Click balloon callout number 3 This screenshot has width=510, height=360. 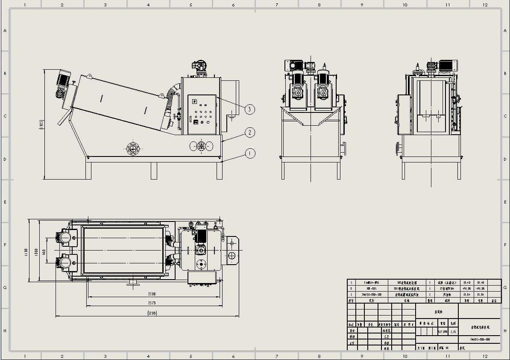click(250, 109)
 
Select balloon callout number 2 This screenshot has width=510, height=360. click(250, 132)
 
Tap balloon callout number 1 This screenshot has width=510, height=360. click(250, 153)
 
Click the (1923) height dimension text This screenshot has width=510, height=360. click(41, 124)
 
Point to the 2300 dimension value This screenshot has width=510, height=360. click(152, 294)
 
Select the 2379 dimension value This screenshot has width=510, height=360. click(152, 303)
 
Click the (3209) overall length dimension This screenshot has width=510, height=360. click(152, 313)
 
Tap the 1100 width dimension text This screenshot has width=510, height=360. click(26, 252)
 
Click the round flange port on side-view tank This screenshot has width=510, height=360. click(133, 149)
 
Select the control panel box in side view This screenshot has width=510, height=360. click(202, 114)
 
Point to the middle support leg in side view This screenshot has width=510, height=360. click(154, 170)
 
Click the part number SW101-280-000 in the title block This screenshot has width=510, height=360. click(480, 339)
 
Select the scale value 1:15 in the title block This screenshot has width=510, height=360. click(453, 331)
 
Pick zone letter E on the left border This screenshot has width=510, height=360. click(5, 202)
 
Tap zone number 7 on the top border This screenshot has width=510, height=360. click(277, 5)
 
